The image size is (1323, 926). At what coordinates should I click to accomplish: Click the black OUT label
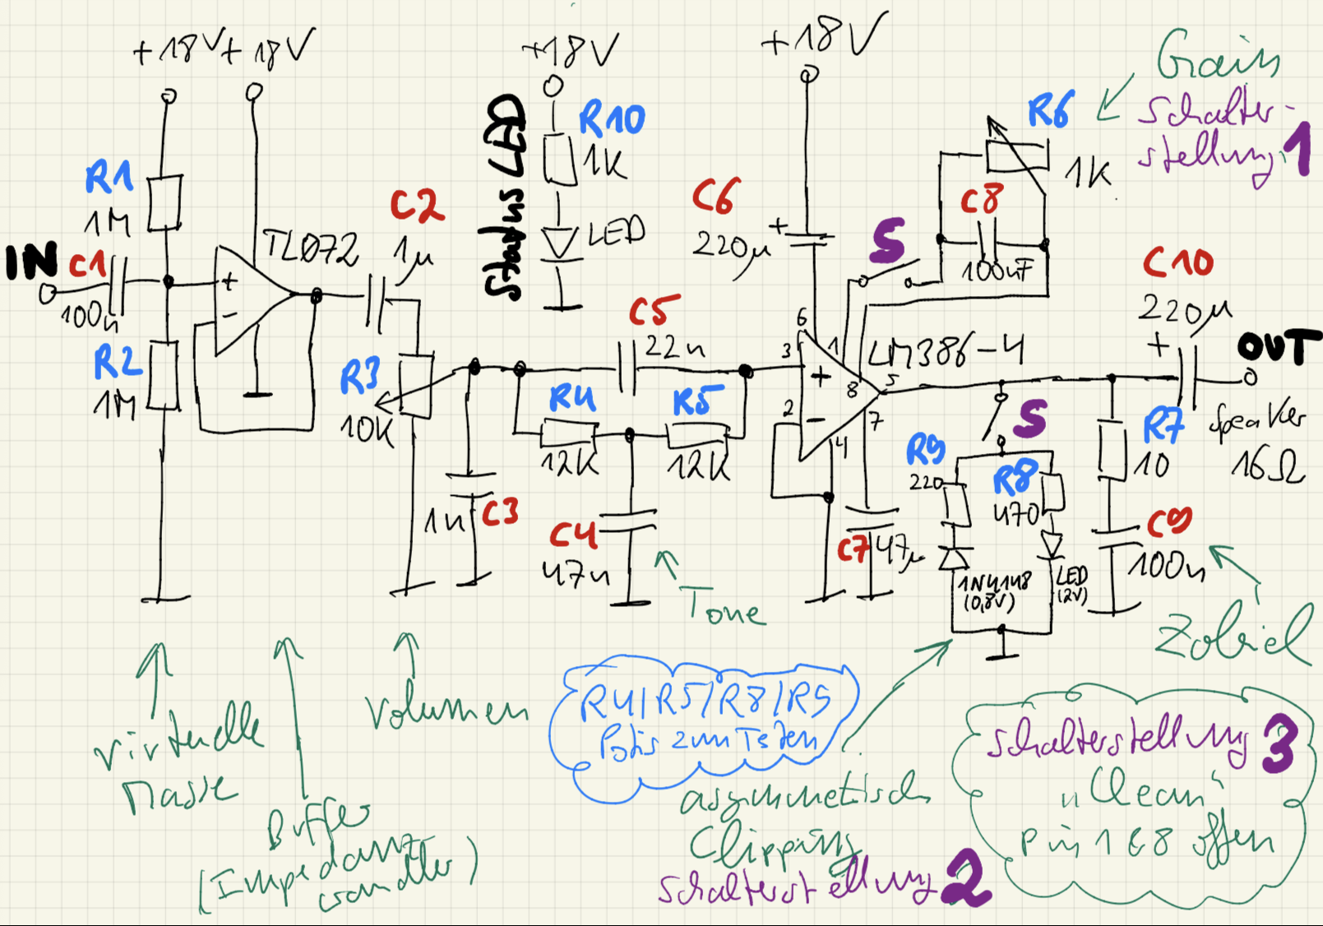coord(1279,347)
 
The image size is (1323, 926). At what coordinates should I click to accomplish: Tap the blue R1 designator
coord(109,177)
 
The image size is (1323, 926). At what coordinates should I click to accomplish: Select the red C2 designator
coord(417,206)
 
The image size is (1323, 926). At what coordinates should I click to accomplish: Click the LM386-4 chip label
coord(946,353)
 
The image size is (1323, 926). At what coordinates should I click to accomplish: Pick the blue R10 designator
coord(612,120)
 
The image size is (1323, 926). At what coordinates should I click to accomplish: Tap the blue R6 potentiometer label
coord(1051,111)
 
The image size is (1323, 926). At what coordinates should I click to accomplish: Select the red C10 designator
coord(1177,262)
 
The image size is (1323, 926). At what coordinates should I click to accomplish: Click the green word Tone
coord(722,609)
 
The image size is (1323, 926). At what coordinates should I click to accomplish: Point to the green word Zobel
coord(1232,637)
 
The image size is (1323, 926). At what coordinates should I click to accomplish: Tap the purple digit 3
coord(1279,744)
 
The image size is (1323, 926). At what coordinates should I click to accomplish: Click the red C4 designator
coord(572,535)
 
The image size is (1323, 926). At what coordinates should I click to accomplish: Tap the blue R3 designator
coord(359,378)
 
